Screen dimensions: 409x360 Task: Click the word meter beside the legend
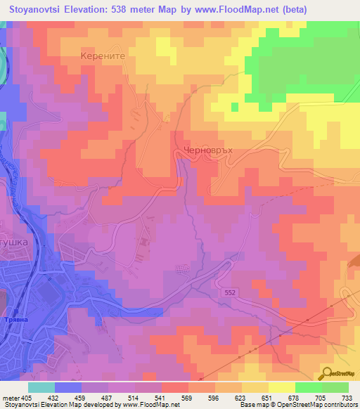click(x=9, y=397)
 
